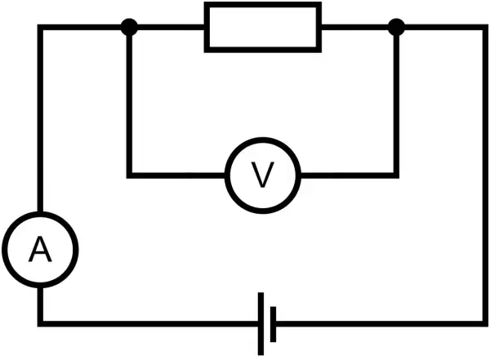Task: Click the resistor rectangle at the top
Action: [x=262, y=5]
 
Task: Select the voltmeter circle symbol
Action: [x=262, y=140]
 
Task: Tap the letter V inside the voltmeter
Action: [x=262, y=175]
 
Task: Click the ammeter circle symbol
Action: [x=40, y=215]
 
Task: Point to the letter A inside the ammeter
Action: [x=40, y=249]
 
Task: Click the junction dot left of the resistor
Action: [x=129, y=27]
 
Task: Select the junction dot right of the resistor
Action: [x=396, y=27]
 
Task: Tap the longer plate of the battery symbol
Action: [x=261, y=324]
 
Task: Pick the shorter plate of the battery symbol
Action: [x=273, y=324]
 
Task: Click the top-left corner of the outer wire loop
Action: [x=40, y=27]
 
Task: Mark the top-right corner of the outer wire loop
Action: [x=485, y=27]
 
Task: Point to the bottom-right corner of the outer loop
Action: [x=485, y=324]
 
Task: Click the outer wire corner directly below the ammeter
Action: [x=40, y=324]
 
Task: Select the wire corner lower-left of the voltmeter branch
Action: [x=129, y=176]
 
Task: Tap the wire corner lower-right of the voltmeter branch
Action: [x=396, y=176]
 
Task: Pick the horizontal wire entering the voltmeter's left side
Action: [x=178, y=176]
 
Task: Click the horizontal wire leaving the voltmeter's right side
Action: [x=350, y=176]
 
